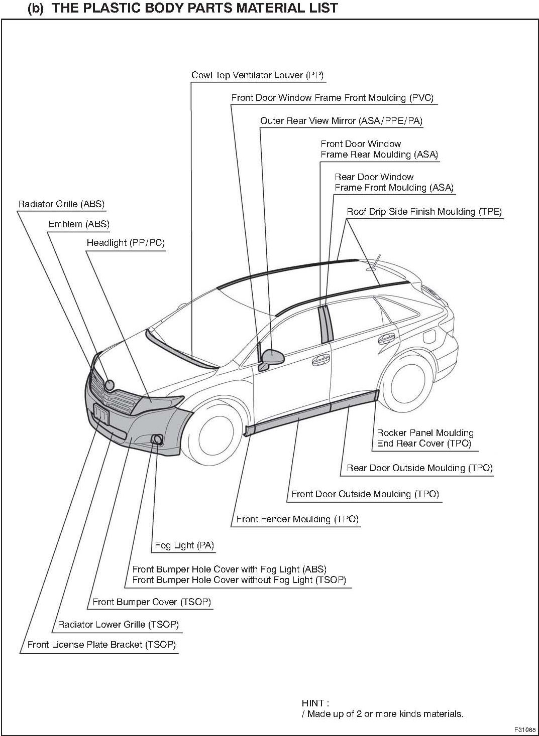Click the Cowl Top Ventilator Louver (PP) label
click(257, 75)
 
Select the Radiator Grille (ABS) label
click(61, 204)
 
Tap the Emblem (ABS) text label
click(79, 224)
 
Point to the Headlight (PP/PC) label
click(126, 243)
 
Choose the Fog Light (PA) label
click(184, 545)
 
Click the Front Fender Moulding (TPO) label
click(297, 519)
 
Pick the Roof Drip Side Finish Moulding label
click(424, 212)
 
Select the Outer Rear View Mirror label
click(341, 121)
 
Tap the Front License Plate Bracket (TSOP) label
click(101, 645)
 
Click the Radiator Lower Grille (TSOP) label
click(118, 625)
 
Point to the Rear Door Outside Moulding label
click(419, 468)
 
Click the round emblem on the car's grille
click(109, 385)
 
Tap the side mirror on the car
click(272, 357)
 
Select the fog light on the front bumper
click(156, 440)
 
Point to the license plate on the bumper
click(101, 414)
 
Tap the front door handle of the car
click(319, 360)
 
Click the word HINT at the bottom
click(315, 703)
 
